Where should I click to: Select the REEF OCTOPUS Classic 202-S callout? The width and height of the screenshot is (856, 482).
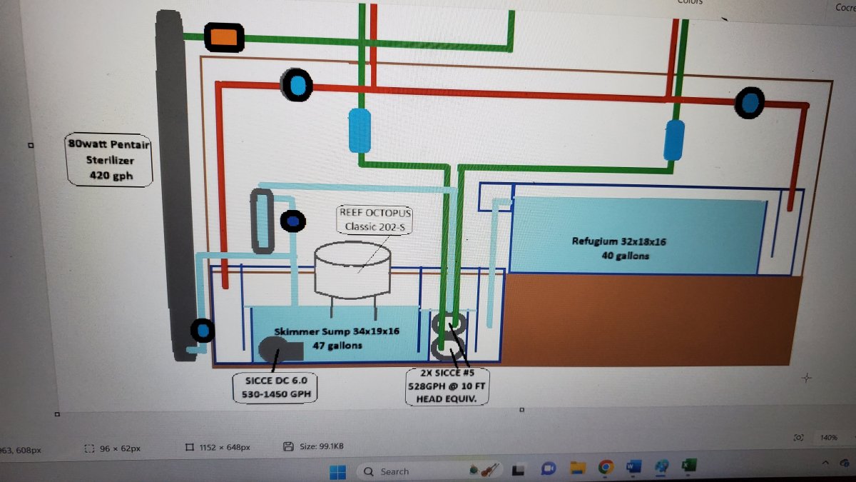pos(375,219)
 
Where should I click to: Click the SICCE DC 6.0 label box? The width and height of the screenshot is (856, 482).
pos(275,386)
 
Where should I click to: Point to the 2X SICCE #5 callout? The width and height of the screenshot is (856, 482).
pos(447,386)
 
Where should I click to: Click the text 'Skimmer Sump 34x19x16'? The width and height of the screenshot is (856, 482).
pos(337,331)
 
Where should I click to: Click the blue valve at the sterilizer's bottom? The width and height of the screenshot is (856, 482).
pos(203,331)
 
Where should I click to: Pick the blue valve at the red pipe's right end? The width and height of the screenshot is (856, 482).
pos(750,103)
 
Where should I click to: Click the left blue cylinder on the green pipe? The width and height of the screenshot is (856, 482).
pos(360,130)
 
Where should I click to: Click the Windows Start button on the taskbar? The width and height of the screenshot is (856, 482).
pos(337,471)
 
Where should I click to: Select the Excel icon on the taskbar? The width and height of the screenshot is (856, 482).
pos(688,466)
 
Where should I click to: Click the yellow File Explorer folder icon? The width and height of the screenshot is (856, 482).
pos(577,468)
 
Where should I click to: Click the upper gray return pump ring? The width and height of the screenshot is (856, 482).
pos(449,323)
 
